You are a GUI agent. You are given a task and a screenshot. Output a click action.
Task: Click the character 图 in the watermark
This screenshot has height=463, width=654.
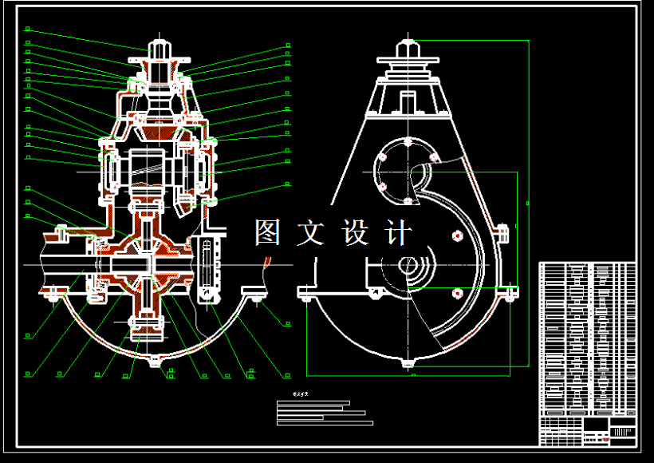coord(269,232)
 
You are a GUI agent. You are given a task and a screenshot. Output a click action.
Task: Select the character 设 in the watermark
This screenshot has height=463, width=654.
coord(355,232)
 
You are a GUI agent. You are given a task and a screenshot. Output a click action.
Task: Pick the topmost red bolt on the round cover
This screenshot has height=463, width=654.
coord(408,142)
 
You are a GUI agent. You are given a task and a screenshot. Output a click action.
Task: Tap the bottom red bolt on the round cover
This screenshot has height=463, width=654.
coord(408,200)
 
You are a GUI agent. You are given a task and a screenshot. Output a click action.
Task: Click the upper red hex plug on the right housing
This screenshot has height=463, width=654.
coord(457,235)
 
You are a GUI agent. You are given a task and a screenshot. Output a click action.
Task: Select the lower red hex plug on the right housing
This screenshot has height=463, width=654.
coord(457,293)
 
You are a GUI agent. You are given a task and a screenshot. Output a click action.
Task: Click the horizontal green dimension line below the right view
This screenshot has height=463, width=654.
coord(411,374)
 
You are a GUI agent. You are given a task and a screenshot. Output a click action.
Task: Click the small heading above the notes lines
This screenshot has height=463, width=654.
coord(300,394)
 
